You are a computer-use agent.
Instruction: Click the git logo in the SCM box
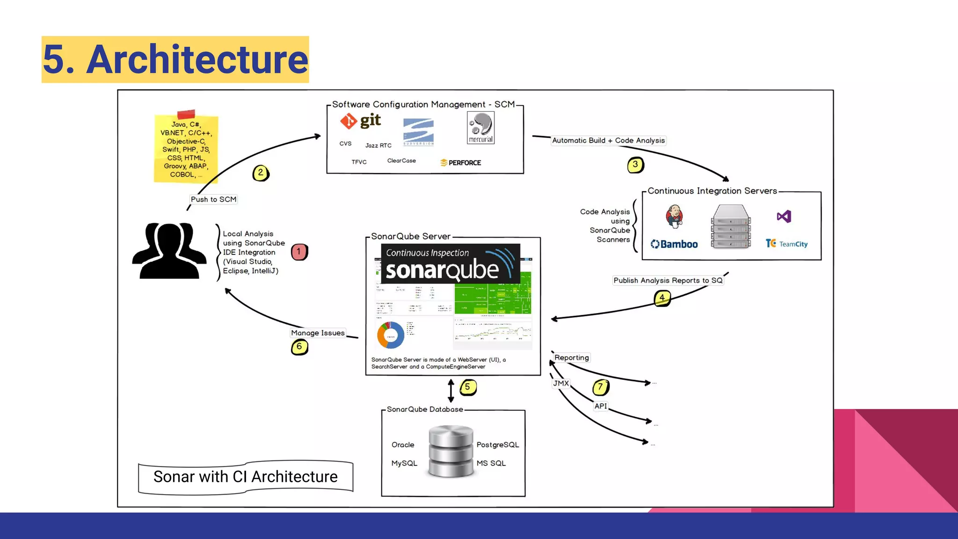360,121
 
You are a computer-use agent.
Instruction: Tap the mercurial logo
480,128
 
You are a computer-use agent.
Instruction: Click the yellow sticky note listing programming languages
186,149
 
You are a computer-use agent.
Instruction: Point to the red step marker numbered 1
299,252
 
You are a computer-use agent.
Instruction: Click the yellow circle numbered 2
261,173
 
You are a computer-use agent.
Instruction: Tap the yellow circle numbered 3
635,165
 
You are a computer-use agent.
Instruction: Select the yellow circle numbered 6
299,347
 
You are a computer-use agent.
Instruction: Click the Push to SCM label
213,199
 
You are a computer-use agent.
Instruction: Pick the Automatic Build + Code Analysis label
608,140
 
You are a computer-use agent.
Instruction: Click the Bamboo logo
674,244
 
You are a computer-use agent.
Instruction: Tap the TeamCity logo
786,244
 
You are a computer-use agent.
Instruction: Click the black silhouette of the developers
169,251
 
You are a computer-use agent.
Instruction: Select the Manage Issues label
318,333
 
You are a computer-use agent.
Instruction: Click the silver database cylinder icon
451,451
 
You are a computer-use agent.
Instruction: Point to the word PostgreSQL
497,444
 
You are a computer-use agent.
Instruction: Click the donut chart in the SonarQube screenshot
391,335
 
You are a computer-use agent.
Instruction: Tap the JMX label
561,383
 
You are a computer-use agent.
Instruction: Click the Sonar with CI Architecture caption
246,477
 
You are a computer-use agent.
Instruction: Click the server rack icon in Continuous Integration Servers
731,226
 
